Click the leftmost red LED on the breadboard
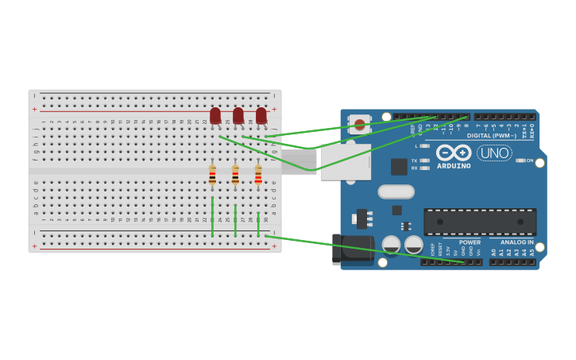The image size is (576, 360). click(x=215, y=115)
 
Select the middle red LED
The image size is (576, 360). click(x=238, y=115)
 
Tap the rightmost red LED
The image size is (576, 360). click(x=261, y=115)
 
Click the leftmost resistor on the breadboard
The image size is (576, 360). click(x=212, y=175)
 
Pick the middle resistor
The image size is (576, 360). click(x=235, y=175)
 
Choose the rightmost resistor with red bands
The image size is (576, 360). click(x=258, y=175)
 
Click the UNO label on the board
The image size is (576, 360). click(x=494, y=153)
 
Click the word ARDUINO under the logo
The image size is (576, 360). click(x=454, y=166)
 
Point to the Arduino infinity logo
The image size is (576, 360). click(x=454, y=152)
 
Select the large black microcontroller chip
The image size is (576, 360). click(x=480, y=222)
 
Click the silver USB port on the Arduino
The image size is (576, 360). click(x=346, y=161)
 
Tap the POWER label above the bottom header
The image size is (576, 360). click(x=470, y=242)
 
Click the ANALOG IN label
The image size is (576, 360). click(x=517, y=242)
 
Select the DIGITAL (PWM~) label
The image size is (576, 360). click(x=492, y=135)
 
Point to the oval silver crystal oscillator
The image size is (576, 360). click(x=396, y=192)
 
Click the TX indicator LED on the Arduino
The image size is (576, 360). click(x=425, y=161)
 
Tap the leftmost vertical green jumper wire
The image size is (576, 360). click(x=212, y=216)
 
